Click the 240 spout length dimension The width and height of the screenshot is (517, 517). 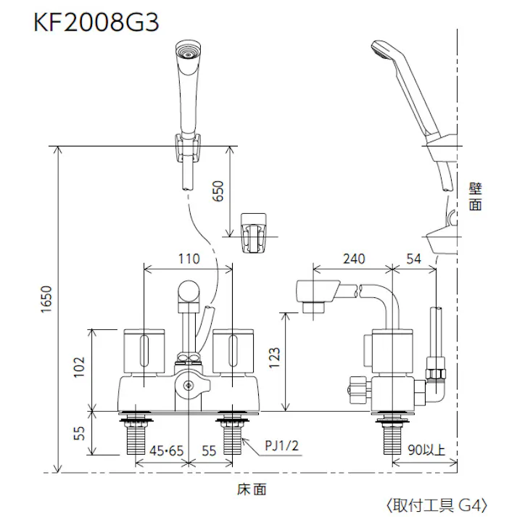click(x=353, y=259)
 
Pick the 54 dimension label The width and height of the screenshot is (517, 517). click(x=414, y=259)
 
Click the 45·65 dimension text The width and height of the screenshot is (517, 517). click(x=167, y=451)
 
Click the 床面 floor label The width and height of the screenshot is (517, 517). click(x=251, y=489)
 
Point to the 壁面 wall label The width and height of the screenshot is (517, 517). click(x=475, y=196)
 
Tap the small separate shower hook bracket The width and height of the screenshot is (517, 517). click(x=255, y=231)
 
